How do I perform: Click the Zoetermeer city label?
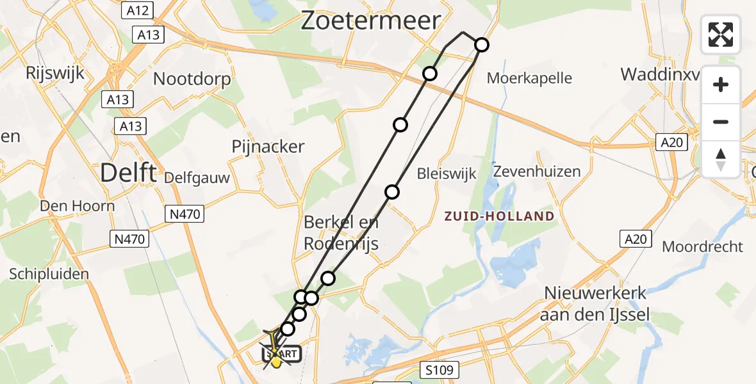point(371,20)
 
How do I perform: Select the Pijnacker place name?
point(268,147)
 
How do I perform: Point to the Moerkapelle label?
point(529,79)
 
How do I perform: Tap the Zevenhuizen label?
point(537,172)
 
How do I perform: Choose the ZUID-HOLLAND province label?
point(500,216)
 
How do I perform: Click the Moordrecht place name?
point(702,246)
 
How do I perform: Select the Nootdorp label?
point(192,79)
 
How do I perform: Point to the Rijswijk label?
point(55,73)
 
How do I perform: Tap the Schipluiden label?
point(49,274)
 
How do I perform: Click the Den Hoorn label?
point(77,206)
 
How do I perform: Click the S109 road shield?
point(438,369)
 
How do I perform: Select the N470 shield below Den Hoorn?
point(130,239)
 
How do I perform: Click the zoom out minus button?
point(721,122)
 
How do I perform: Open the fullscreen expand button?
point(721,34)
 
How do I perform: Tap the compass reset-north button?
point(721,159)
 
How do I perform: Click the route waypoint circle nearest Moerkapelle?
point(481,45)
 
